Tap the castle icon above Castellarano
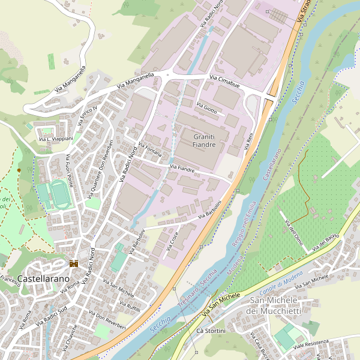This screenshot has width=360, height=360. pos(74,263)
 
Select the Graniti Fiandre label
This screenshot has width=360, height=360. pos(204,141)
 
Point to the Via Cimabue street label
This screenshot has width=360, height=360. pos(224,82)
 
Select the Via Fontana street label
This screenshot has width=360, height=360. pos(150,149)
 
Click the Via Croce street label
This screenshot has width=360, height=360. pos(172,242)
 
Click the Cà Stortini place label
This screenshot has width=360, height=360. pos(211,331)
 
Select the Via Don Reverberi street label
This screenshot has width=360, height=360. pos(107,321)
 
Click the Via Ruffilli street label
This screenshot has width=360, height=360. pos(130,305)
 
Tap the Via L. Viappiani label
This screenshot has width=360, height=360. pos(56,139)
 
